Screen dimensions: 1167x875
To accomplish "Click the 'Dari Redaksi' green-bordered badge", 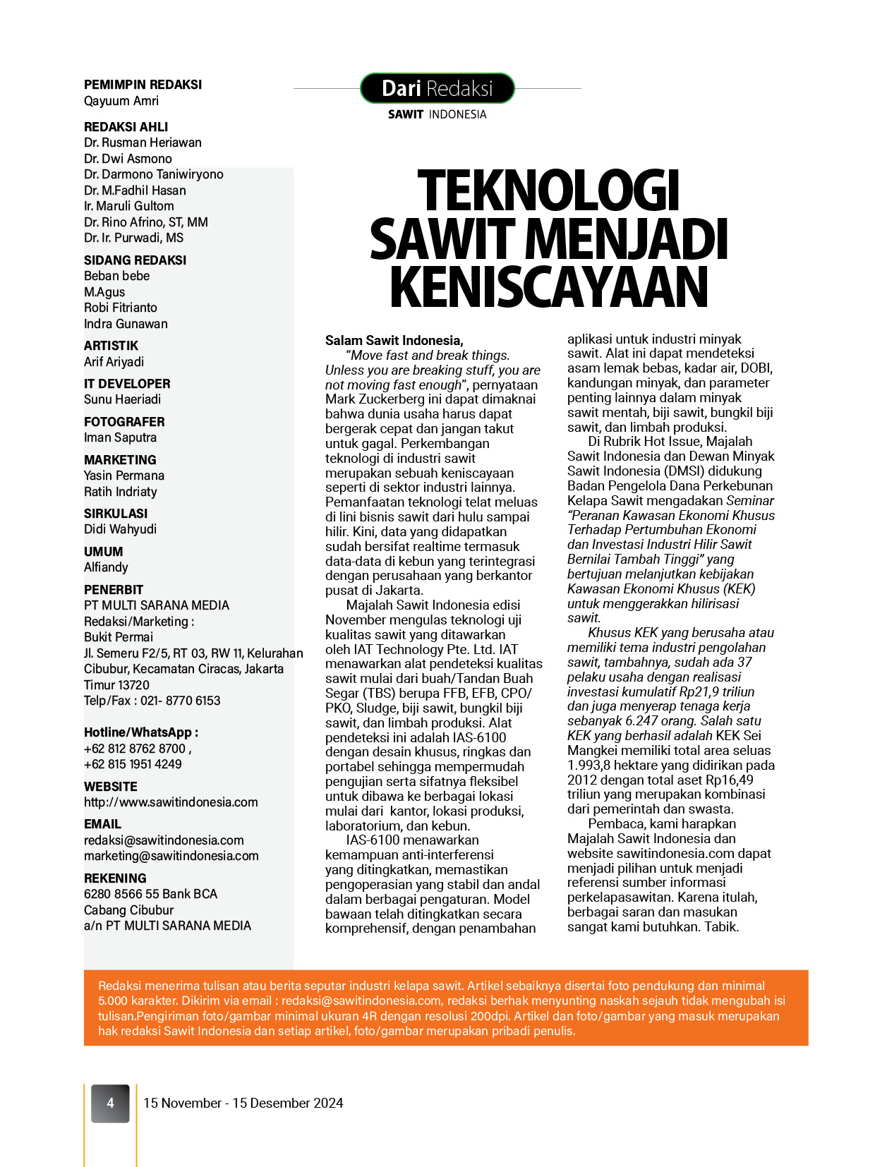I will click(x=437, y=88).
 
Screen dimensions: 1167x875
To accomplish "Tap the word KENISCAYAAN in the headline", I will click(x=548, y=286).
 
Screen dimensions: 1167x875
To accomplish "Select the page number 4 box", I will click(x=110, y=1103).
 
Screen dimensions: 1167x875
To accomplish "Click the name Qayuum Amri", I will click(x=121, y=101).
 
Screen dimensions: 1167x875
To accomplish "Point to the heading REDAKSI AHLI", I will click(x=126, y=127).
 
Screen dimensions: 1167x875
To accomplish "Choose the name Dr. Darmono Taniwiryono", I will click(x=153, y=174).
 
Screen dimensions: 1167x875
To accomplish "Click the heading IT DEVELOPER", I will click(x=127, y=384).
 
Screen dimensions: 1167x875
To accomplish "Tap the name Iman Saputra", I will click(x=120, y=437).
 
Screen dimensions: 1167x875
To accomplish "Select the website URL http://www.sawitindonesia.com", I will click(x=171, y=802).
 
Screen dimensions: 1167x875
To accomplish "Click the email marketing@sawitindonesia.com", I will click(x=171, y=856).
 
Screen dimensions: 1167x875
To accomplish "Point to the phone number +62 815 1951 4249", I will click(x=133, y=764).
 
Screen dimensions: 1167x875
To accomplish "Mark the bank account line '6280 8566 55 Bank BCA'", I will click(x=150, y=894).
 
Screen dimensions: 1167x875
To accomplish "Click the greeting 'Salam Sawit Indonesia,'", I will click(x=394, y=340).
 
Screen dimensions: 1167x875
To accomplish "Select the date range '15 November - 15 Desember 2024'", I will click(x=243, y=1103).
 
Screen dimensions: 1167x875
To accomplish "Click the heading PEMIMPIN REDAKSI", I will click(x=143, y=85).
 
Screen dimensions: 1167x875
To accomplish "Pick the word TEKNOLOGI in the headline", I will click(x=548, y=191).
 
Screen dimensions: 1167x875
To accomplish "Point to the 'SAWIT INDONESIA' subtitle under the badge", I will click(x=437, y=114).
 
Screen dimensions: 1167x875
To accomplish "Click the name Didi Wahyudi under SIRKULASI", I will click(x=120, y=529).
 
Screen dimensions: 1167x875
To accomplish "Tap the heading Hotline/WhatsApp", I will click(x=140, y=732).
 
